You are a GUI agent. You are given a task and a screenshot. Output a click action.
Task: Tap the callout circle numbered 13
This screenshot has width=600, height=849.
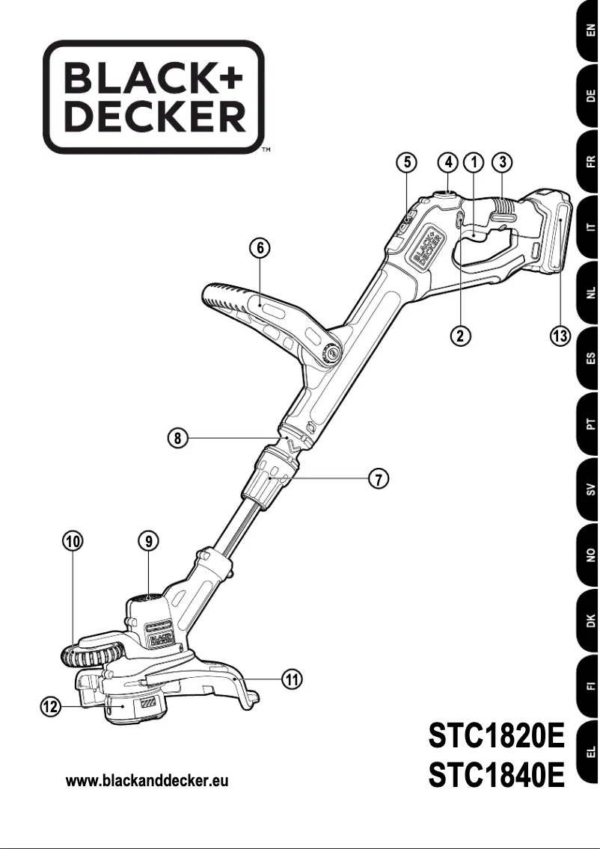tap(559, 336)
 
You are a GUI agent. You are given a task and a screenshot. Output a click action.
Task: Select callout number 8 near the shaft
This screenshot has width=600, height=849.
tap(177, 439)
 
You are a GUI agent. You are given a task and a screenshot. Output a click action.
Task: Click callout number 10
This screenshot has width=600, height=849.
tap(73, 541)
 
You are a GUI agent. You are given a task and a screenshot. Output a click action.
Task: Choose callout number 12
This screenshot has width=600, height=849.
tap(51, 706)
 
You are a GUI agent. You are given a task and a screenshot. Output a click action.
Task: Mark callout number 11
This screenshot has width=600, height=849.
tap(293, 679)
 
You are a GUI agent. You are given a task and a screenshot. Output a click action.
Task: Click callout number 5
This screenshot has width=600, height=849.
tap(405, 162)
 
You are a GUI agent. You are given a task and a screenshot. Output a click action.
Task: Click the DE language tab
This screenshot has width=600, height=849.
tap(590, 95)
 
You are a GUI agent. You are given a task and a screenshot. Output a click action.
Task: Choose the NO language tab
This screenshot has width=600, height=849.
tap(590, 555)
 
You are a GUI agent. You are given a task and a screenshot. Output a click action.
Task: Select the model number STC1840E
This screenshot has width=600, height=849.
tap(495, 775)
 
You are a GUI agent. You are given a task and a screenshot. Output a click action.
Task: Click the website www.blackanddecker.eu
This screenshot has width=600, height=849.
tap(147, 781)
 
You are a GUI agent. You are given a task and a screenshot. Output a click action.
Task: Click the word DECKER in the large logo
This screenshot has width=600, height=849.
tap(153, 117)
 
